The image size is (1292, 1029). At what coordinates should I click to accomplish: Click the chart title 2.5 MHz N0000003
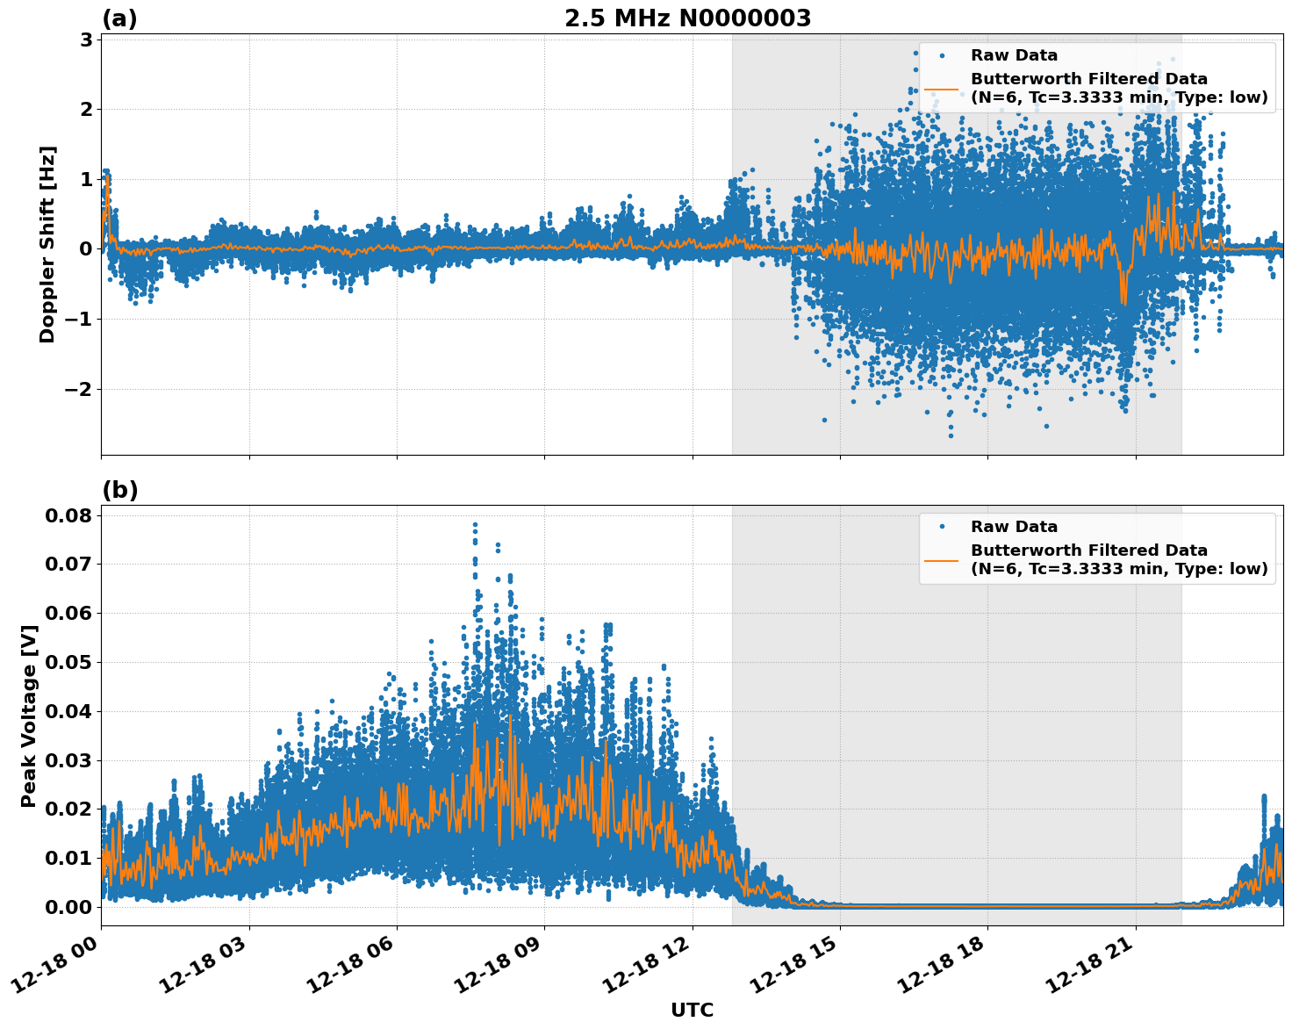click(687, 18)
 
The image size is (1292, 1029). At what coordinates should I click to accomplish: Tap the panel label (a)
click(119, 18)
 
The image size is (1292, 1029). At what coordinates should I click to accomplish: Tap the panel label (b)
click(119, 490)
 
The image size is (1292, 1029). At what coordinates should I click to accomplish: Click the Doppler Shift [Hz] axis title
click(47, 244)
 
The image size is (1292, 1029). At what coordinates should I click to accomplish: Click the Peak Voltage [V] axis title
click(29, 716)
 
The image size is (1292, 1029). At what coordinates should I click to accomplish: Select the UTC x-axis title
click(692, 1010)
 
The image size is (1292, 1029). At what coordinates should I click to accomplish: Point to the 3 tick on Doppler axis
click(86, 40)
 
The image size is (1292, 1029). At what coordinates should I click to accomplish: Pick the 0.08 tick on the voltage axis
click(68, 514)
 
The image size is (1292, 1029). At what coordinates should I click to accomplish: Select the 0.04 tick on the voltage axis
click(68, 710)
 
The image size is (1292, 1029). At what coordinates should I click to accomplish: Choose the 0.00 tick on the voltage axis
click(68, 906)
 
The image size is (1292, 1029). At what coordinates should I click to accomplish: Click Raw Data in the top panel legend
click(1014, 55)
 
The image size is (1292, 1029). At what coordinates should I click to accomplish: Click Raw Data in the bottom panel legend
click(1014, 527)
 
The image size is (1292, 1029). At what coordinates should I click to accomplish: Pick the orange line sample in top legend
click(941, 89)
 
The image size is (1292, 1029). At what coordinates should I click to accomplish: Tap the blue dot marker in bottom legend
click(941, 527)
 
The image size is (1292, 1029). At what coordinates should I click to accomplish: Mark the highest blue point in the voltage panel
click(475, 524)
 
